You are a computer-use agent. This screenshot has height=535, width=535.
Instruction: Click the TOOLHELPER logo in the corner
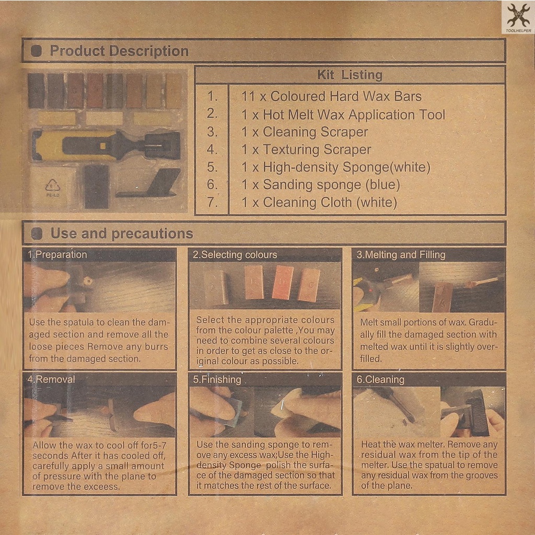coord(518,17)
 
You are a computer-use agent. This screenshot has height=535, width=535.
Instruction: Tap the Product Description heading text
coord(119,51)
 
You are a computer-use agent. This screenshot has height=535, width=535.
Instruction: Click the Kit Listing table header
coord(350,75)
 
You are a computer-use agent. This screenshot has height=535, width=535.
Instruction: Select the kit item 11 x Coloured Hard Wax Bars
coord(331,97)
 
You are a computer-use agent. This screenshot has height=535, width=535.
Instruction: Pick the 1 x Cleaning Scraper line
coord(305,132)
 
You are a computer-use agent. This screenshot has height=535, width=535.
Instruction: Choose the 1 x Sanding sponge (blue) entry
coord(320,184)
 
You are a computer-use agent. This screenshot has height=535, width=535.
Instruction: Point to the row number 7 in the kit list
coord(212,202)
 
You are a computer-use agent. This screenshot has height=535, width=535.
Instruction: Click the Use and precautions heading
coord(122,234)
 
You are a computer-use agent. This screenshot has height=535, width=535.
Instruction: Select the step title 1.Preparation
coord(57,254)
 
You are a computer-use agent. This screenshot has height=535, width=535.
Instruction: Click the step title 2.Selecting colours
coord(235,255)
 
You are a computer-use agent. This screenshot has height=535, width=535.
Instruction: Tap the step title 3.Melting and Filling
coord(401,255)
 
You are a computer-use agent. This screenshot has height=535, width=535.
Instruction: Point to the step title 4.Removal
coord(51,379)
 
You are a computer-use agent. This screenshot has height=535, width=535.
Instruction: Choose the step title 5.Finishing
coord(217,379)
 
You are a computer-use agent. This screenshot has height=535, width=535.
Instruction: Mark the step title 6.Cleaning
coord(380,379)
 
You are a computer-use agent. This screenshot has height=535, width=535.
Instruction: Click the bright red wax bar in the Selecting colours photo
coord(283,283)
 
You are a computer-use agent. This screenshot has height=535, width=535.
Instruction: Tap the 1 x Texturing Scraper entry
coord(306,149)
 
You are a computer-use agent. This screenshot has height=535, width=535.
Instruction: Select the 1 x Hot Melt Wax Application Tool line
coord(343,114)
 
